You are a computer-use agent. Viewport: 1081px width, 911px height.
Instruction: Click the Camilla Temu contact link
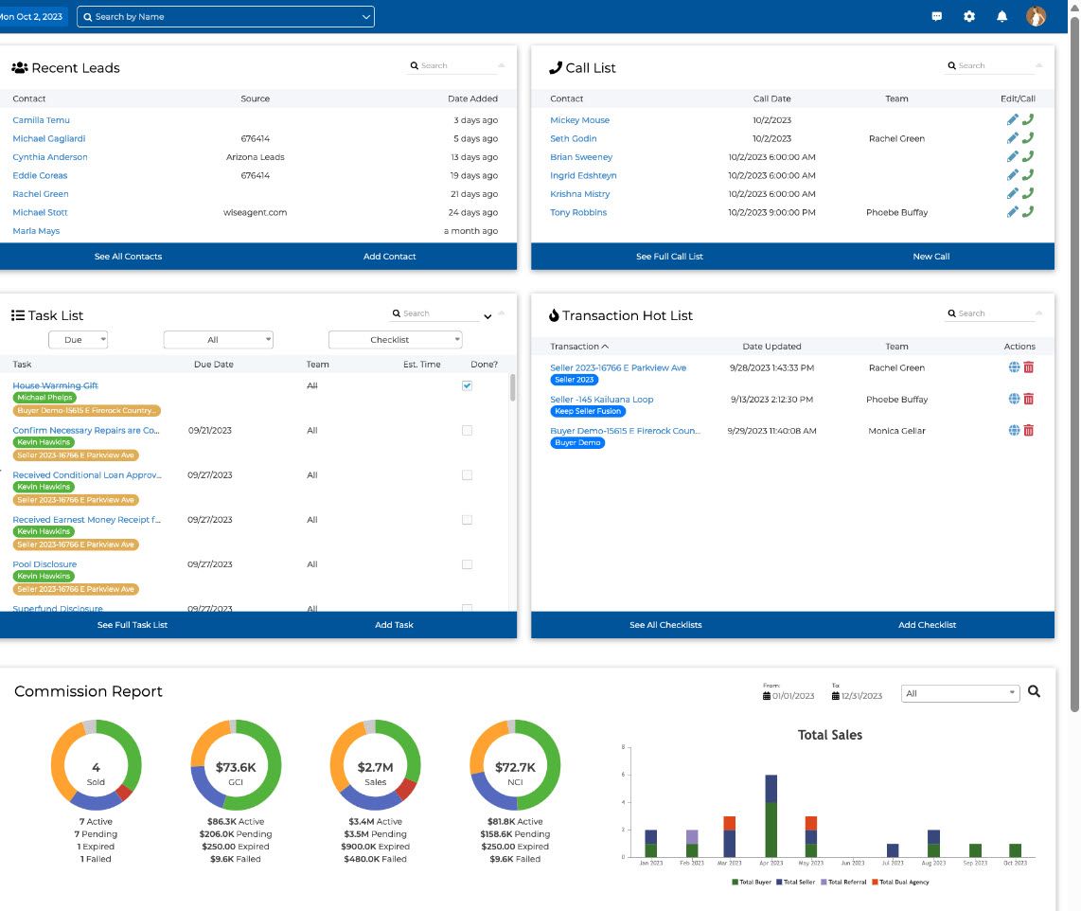(41, 120)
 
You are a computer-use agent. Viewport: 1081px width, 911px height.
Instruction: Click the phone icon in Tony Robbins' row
(1028, 212)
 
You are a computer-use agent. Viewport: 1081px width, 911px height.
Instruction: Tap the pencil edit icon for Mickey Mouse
(1012, 120)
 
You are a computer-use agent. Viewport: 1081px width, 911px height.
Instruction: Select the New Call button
(930, 257)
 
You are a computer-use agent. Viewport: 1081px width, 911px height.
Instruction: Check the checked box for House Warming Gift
(467, 385)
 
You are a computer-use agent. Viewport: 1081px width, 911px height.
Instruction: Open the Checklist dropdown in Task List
(395, 340)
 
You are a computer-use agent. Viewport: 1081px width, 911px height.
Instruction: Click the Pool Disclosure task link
(44, 564)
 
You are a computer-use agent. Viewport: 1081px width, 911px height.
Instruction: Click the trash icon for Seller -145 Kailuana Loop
(1029, 400)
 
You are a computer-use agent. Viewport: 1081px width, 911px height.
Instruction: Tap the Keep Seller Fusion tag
(588, 412)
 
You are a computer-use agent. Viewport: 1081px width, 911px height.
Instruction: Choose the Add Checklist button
(927, 625)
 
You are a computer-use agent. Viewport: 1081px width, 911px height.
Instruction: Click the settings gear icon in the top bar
(969, 16)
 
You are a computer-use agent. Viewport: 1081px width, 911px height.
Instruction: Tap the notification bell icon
(1001, 16)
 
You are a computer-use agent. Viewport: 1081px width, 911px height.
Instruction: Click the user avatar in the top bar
(1036, 16)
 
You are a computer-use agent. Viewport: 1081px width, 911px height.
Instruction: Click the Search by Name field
(225, 17)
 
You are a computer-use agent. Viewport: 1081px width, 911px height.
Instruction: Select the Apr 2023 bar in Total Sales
(771, 815)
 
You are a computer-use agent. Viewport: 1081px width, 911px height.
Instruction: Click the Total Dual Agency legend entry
(900, 883)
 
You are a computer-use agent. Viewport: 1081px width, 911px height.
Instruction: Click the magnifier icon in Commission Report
(1034, 692)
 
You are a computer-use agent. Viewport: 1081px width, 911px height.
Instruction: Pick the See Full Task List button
(133, 625)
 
